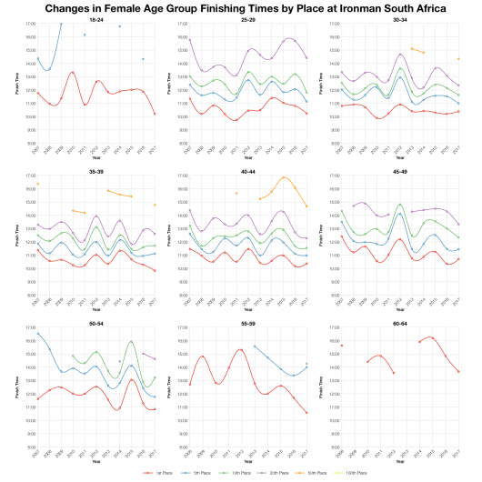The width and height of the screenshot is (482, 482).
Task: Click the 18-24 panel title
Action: tap(95, 18)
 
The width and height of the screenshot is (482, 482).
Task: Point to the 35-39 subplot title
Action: tap(95, 170)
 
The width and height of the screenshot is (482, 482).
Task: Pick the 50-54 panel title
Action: tap(95, 322)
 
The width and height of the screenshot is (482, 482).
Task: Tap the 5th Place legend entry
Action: tap(197, 473)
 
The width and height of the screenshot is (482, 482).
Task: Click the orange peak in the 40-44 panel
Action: tap(284, 177)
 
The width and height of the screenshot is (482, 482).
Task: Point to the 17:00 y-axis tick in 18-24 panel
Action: tap(29, 24)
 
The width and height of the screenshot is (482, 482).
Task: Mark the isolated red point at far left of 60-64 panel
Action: tap(341, 346)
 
